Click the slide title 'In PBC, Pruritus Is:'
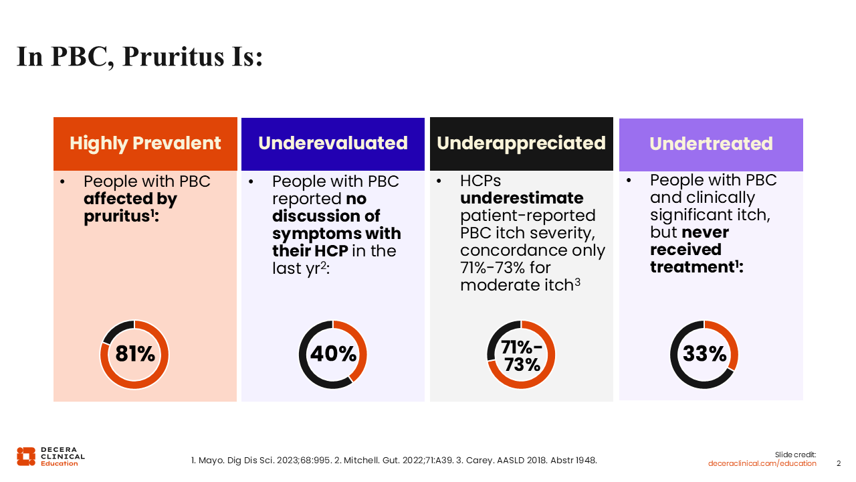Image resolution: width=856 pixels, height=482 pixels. [x=140, y=57]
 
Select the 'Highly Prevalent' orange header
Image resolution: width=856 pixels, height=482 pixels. [x=145, y=143]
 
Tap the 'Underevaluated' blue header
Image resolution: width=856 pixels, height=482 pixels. [x=333, y=143]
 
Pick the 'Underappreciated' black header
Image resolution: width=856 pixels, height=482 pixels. [x=521, y=143]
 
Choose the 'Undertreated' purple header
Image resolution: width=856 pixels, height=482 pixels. [x=711, y=144]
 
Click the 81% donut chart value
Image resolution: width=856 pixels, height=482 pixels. [x=135, y=353]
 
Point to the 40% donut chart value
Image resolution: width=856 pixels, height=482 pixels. [x=333, y=353]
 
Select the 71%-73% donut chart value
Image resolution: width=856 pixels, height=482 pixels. [x=522, y=355]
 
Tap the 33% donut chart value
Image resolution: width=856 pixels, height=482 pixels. [x=704, y=353]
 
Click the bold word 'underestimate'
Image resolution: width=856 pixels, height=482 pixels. [x=522, y=198]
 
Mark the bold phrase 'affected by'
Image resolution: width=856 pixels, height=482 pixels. [x=130, y=199]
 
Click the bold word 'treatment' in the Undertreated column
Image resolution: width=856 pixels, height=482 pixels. [x=692, y=267]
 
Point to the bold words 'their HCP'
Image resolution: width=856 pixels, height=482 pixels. [x=310, y=251]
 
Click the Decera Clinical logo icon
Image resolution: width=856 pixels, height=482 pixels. [x=26, y=457]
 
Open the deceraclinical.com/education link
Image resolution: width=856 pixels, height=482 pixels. [x=762, y=463]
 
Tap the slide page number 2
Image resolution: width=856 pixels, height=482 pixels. [x=839, y=463]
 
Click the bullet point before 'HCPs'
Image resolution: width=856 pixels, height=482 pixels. [x=439, y=181]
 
